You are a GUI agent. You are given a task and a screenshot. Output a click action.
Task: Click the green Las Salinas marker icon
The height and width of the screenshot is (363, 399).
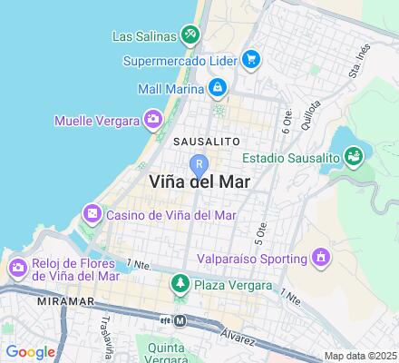click(x=190, y=36)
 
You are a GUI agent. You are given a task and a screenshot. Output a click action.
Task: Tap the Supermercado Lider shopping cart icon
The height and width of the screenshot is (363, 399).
click(x=252, y=61)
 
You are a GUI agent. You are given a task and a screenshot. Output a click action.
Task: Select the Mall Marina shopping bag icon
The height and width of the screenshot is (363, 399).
click(x=218, y=88)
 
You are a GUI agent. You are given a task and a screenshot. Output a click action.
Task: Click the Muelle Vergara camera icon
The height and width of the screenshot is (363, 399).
click(x=153, y=119)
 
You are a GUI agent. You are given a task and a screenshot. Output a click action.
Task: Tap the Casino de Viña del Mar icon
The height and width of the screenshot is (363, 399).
click(x=92, y=215)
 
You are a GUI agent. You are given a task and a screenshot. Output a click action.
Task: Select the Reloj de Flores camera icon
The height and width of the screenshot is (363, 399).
click(x=17, y=269)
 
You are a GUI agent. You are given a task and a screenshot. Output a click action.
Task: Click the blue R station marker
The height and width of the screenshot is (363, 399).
click(x=199, y=165)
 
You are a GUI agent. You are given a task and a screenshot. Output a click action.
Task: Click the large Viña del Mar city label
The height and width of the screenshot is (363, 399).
click(x=199, y=181)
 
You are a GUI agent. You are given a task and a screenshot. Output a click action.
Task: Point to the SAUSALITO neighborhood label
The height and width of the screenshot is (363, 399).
click(x=206, y=142)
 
